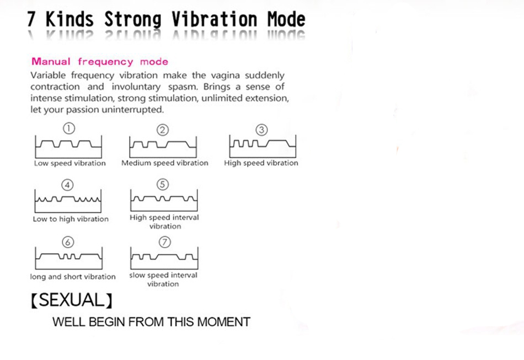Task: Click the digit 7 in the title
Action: coord(31,19)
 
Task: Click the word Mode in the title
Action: coord(286,19)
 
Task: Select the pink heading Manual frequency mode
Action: coord(100,62)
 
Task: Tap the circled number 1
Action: coord(69,128)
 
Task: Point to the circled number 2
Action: coord(163,130)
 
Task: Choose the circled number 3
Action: coord(261,130)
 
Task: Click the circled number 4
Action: coord(67,185)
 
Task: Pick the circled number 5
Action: coord(163,184)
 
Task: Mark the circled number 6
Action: coord(68,242)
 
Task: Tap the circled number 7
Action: coord(164,242)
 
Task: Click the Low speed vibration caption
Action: coord(70,163)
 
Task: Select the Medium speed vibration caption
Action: coord(165,163)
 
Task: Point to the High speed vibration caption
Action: coord(261,163)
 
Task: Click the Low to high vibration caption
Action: coord(71,219)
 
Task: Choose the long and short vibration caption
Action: coord(73,277)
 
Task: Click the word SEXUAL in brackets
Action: coord(72,300)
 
